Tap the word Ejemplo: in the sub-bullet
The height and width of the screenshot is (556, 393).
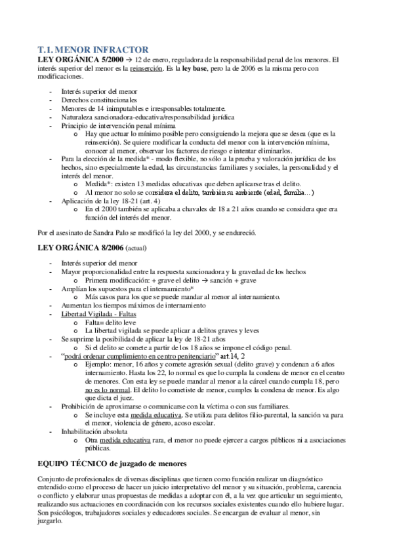point(99,365)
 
